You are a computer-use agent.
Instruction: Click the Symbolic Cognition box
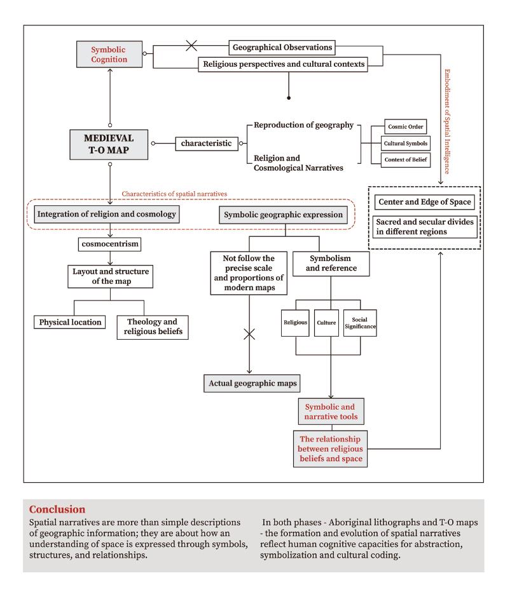pyautogui.click(x=109, y=53)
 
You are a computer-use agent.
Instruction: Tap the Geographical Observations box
pyautogui.click(x=281, y=48)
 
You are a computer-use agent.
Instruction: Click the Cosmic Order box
pyautogui.click(x=405, y=126)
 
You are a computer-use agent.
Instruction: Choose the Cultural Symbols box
pyautogui.click(x=405, y=143)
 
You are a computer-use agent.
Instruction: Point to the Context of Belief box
pyautogui.click(x=405, y=159)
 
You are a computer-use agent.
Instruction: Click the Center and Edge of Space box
pyautogui.click(x=425, y=203)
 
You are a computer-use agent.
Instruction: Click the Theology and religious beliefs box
pyautogui.click(x=153, y=326)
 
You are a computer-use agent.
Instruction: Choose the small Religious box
pyautogui.click(x=295, y=323)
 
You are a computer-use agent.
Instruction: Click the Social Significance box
pyautogui.click(x=360, y=323)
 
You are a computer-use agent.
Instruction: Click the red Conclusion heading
pyautogui.click(x=57, y=509)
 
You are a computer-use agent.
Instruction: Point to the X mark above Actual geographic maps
pyautogui.click(x=249, y=334)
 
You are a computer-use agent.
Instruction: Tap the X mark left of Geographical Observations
pyautogui.click(x=190, y=47)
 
